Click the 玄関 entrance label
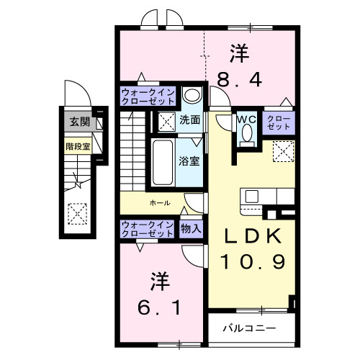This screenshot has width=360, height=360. [x=77, y=122]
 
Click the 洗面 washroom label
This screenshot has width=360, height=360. [x=190, y=120]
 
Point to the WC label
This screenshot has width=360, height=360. [x=246, y=120]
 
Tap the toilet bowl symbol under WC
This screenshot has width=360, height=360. [x=247, y=134]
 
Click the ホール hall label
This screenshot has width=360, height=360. [x=160, y=203]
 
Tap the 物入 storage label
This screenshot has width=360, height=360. [x=191, y=228]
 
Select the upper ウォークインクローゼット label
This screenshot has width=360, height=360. [x=147, y=96]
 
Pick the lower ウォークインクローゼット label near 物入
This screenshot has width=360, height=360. [x=147, y=228]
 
